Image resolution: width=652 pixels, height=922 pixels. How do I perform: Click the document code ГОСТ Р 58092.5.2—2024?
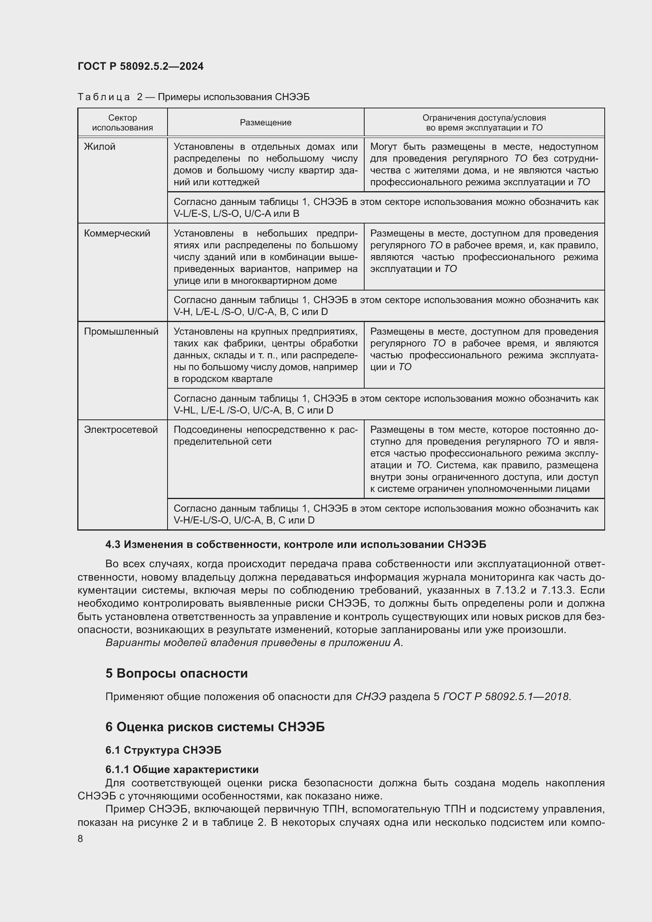140,66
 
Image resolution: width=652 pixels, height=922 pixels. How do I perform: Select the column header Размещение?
265,123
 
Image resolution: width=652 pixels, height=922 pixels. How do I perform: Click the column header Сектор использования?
123,123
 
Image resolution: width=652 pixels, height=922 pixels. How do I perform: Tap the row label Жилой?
100,147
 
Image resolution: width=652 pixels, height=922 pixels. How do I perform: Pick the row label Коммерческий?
117,233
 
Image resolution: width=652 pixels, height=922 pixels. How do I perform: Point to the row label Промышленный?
121,331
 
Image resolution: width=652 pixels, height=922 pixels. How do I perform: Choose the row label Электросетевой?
121,430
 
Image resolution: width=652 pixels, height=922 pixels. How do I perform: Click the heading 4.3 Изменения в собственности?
296,544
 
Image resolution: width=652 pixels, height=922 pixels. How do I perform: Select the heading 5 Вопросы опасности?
177,673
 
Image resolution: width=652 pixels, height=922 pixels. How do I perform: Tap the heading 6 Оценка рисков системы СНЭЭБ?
215,727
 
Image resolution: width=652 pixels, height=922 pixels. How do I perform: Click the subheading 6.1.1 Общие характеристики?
182,769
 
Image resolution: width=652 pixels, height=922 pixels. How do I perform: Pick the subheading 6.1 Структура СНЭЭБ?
164,750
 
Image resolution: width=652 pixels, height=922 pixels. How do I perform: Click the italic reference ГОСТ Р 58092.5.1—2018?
506,696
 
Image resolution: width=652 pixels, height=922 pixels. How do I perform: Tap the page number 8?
80,838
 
